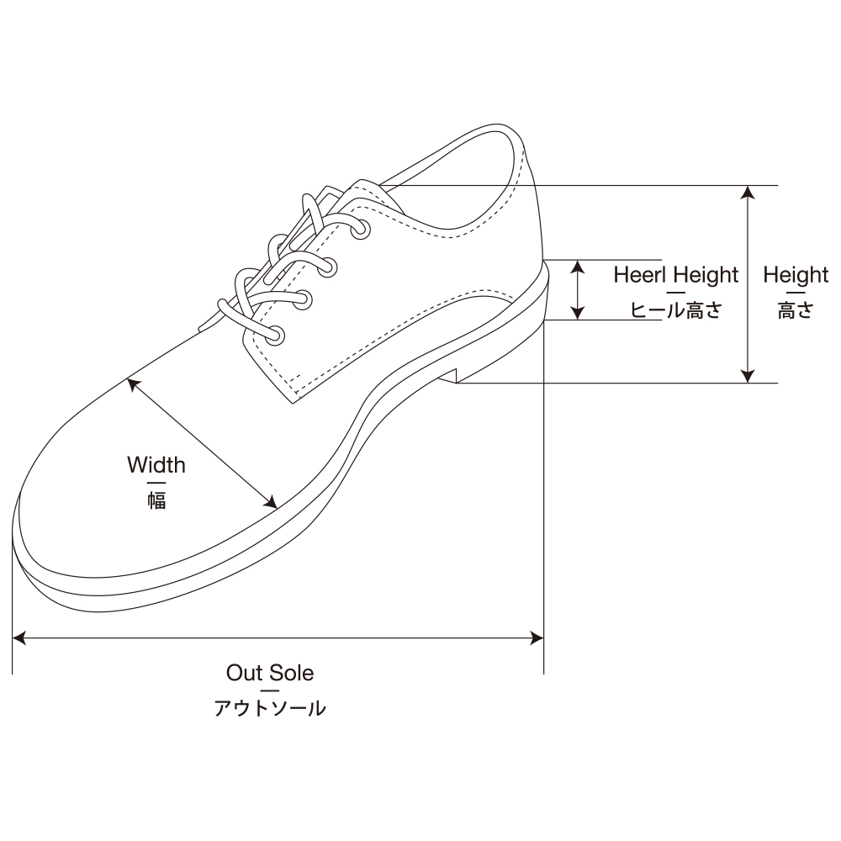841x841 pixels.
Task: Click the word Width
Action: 156,464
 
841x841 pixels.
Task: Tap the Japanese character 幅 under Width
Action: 156,500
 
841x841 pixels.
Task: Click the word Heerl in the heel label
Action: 640,275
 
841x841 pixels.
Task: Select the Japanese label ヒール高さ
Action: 676,310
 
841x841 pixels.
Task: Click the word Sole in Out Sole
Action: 292,673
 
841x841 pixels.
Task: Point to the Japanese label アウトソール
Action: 270,708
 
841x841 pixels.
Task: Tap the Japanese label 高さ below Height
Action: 796,310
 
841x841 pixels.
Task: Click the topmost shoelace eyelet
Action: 361,229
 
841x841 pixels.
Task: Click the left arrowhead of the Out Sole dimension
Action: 19,638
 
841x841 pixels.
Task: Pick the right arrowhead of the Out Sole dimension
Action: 537,638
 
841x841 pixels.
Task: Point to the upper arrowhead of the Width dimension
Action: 133,384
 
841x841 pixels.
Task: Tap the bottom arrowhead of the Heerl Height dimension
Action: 577,313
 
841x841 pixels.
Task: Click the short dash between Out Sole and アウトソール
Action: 270,690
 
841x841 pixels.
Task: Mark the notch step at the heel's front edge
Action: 456,375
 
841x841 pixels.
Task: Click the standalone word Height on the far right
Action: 796,275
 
